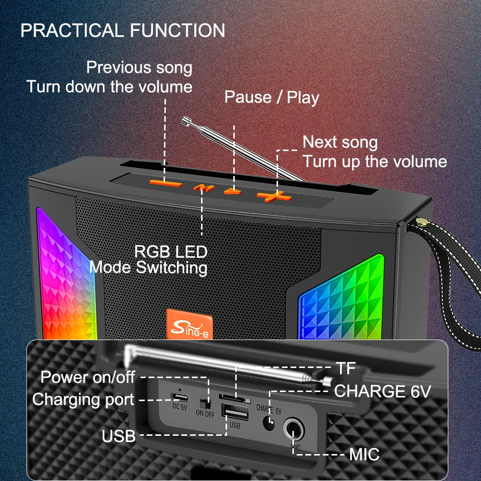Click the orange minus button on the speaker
coord(165,184)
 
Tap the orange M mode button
coord(203,188)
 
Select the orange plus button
coord(274,197)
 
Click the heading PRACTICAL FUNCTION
coord(123,30)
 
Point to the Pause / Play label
coord(271,97)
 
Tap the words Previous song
coord(139,67)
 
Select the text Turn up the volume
coord(375,161)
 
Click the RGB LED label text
coord(171,252)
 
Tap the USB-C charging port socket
coord(180,398)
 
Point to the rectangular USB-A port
coord(235,412)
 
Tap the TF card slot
coord(234,398)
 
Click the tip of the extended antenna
coord(185,121)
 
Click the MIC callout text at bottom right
coord(365,455)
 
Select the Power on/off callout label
coord(88,377)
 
